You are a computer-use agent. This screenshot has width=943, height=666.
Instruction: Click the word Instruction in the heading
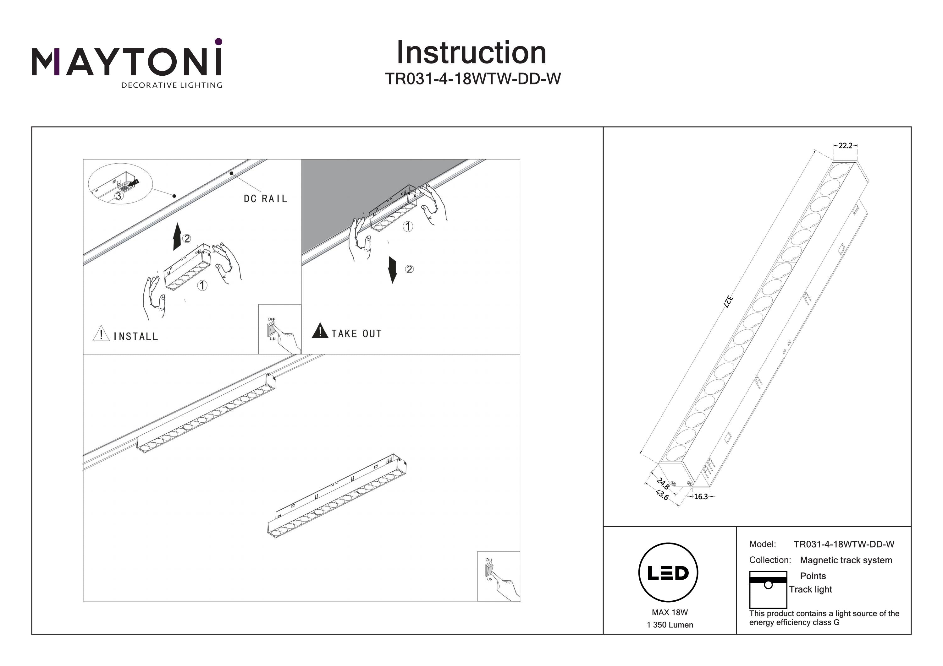click(471, 53)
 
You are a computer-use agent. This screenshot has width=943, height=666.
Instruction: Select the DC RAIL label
click(265, 199)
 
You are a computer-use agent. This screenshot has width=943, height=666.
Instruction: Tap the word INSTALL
click(135, 337)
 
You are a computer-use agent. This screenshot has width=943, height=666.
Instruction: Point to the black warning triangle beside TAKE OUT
click(320, 331)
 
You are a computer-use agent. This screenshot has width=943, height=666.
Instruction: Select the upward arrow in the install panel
click(177, 237)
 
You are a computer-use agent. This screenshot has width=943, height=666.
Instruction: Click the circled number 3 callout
click(118, 196)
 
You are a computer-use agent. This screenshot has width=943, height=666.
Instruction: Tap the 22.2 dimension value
click(845, 146)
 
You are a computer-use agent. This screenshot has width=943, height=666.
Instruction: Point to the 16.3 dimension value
click(701, 497)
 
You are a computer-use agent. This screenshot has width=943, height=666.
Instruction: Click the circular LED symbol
click(668, 573)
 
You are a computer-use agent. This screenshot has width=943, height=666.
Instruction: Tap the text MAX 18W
click(670, 613)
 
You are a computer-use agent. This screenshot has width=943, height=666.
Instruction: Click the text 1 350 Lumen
click(670, 625)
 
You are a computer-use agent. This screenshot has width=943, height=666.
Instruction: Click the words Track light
click(810, 590)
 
